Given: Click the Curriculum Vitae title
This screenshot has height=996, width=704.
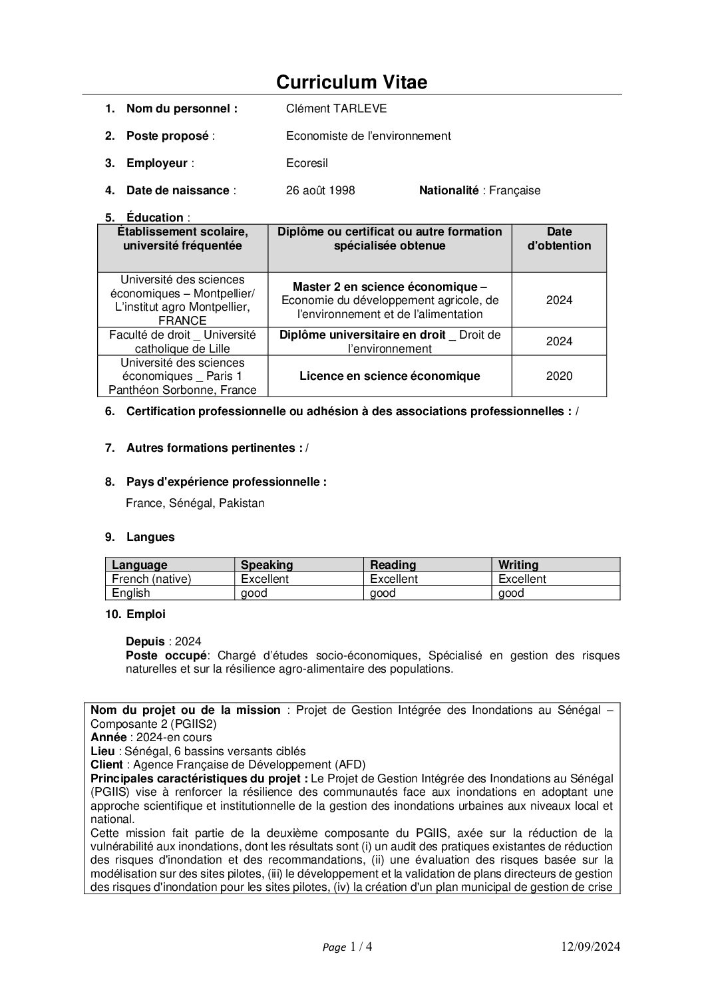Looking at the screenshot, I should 351,83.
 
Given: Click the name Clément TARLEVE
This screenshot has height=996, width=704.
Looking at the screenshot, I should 336,108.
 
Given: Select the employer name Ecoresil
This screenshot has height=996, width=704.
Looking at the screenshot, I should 307,163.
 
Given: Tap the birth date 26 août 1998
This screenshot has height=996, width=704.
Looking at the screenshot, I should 320,190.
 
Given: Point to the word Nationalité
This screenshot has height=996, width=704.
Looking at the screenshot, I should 448,190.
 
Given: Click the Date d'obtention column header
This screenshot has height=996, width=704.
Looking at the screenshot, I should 559,239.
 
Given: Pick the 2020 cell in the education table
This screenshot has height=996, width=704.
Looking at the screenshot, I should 559,376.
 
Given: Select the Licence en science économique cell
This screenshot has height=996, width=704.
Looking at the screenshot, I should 389,376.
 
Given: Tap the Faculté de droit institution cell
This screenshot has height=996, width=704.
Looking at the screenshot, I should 182,341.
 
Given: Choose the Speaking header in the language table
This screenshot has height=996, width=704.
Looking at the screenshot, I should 267,565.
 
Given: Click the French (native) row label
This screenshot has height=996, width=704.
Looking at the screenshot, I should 152,579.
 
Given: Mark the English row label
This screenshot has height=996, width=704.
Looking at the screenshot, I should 131,593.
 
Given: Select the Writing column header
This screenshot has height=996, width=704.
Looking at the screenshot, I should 518,565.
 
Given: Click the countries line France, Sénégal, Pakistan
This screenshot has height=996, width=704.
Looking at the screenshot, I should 195,503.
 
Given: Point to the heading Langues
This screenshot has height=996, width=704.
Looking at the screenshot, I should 150,537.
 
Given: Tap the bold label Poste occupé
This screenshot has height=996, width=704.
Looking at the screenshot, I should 166,655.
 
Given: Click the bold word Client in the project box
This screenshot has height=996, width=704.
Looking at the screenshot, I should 106,764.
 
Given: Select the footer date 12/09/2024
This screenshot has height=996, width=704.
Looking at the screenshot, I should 590,947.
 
